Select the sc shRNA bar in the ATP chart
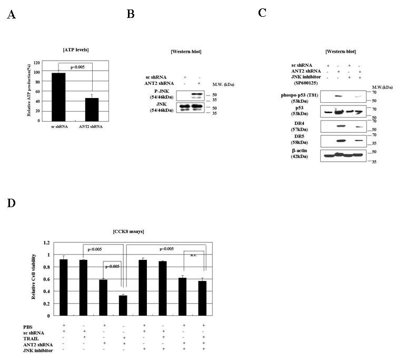tap(59, 96)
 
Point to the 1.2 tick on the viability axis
tap(46, 242)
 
